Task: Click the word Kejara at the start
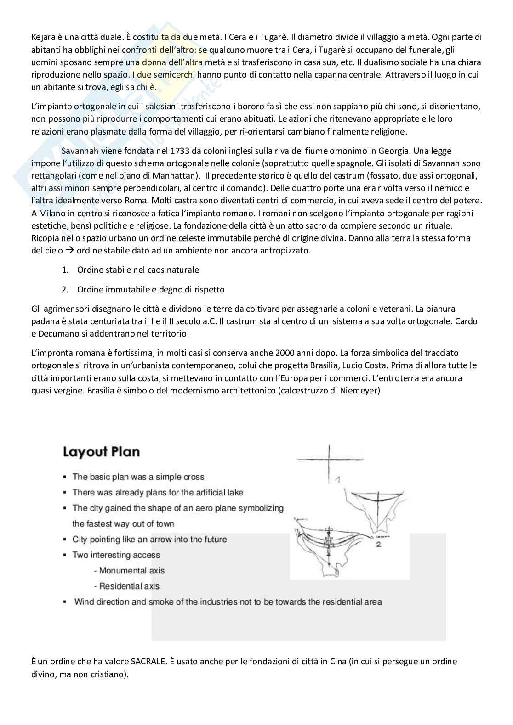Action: [43, 37]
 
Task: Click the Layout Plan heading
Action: [101, 452]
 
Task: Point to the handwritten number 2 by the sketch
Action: [378, 545]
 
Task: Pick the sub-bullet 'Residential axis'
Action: [129, 586]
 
